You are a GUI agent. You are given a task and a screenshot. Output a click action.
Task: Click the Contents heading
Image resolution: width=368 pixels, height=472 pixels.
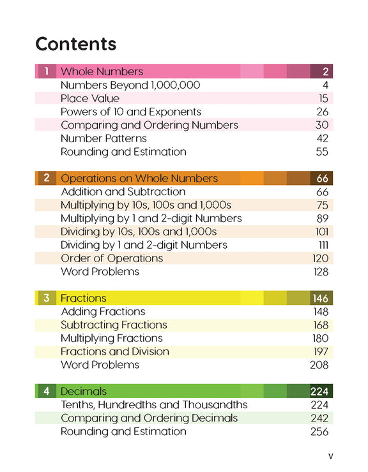[x=75, y=44]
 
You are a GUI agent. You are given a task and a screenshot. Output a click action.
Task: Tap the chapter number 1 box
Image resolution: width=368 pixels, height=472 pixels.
[x=45, y=71]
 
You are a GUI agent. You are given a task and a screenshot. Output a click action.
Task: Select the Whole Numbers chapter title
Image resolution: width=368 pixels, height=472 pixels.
[x=102, y=71]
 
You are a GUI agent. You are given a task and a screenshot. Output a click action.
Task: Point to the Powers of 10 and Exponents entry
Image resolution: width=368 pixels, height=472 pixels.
[x=131, y=112]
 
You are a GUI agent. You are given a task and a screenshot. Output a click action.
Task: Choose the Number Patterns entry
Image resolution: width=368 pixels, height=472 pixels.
[x=103, y=138]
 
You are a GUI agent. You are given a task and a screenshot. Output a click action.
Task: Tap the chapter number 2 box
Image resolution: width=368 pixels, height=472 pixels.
[x=45, y=179]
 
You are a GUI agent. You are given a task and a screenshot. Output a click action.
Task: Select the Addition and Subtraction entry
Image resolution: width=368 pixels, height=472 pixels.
[x=123, y=192]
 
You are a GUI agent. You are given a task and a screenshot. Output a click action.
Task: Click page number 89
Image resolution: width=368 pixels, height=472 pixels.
[x=323, y=219]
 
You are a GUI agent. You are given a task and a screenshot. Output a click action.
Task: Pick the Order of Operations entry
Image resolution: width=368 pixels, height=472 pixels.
[x=112, y=258]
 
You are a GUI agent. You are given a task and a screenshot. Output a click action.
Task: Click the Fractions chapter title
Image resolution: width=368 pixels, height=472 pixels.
[x=84, y=298]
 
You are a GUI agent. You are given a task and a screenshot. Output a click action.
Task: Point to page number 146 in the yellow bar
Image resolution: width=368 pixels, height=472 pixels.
[x=320, y=298]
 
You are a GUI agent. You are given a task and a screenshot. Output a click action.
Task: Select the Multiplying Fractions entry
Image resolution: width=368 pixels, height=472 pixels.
[x=112, y=338]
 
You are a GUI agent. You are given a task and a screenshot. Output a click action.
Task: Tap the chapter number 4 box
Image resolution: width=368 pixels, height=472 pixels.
[x=45, y=391]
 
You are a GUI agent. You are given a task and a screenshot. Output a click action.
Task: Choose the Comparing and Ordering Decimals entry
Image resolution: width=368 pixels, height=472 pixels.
[x=149, y=418]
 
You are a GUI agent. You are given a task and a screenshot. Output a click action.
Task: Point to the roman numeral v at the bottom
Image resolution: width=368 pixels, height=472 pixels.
[x=330, y=455]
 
